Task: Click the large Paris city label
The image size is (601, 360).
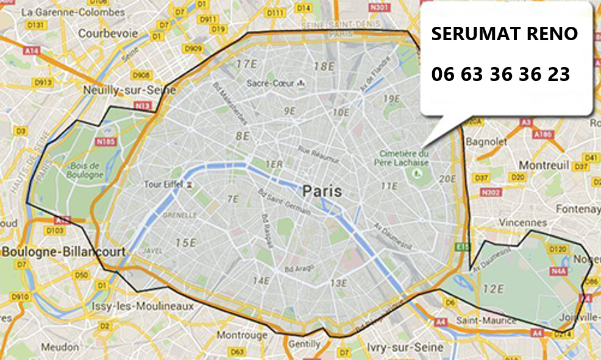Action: coord(322,191)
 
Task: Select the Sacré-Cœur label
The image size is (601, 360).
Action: coord(271,83)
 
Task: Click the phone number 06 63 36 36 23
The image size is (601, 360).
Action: coord(500,74)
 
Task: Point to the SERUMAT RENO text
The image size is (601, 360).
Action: coord(504,34)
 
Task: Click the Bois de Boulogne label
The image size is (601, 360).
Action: coord(86,170)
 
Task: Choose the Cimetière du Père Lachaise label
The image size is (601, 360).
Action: coord(404,158)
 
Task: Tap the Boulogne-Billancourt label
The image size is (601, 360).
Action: coord(63,252)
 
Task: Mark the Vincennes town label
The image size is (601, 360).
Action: coord(522,223)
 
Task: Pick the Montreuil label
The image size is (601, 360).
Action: coord(544,165)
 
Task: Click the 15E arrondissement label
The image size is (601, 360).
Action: coord(185,243)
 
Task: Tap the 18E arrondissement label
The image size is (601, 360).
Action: coord(324,66)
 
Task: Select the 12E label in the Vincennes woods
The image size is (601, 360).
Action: coord(493,288)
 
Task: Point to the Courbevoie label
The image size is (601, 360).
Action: coord(108,34)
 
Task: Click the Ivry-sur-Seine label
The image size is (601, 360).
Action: coord(396,347)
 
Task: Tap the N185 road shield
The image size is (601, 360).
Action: coord(105,142)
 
